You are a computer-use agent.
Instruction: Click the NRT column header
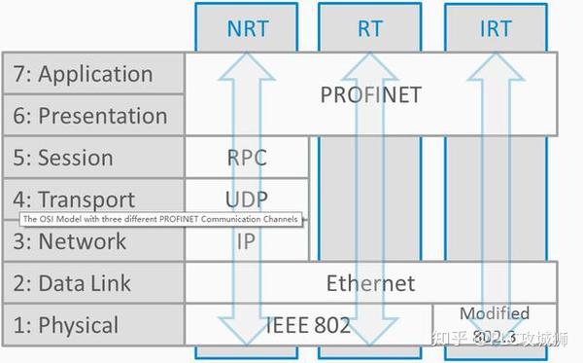[247, 28]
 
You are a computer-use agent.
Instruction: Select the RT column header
[370, 28]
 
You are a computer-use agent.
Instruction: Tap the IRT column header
[496, 28]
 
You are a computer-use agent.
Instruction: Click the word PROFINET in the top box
[370, 95]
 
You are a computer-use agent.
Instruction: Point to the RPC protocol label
[246, 158]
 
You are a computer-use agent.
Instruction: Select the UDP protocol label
[246, 200]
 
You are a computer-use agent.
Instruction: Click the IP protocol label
[246, 241]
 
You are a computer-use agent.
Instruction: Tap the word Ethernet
[370, 284]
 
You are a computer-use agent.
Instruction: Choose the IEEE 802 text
[308, 325]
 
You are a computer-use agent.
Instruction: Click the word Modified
[495, 313]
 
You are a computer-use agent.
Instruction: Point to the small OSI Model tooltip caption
[160, 219]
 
